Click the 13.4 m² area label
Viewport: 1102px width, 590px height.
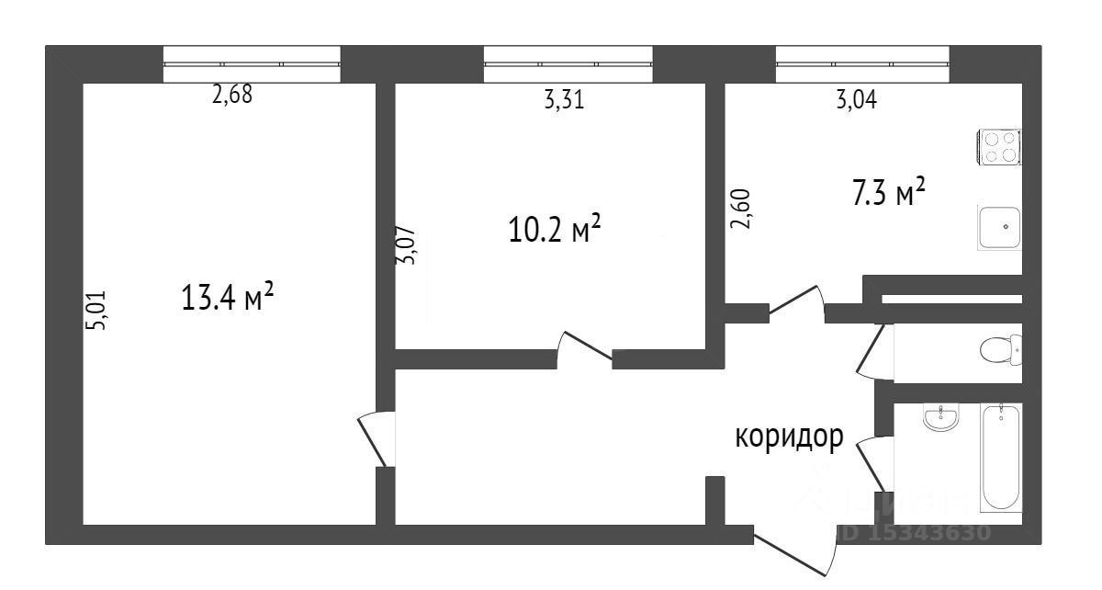point(229,298)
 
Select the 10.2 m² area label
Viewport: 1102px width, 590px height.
point(555,229)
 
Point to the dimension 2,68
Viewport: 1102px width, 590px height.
point(231,96)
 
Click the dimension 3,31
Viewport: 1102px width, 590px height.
point(564,101)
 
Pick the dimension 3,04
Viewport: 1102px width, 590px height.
point(855,101)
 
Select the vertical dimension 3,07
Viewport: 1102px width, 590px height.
point(405,246)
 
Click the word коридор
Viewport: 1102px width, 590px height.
point(788,437)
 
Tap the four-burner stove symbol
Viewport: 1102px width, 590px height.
point(999,148)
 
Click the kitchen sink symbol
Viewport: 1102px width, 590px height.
point(999,227)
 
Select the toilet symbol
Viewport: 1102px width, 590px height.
point(1001,350)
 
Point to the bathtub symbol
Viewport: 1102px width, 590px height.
point(1000,458)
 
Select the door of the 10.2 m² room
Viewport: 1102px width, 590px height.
point(584,347)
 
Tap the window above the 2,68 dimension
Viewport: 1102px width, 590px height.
point(251,64)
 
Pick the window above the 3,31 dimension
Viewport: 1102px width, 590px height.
point(568,64)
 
